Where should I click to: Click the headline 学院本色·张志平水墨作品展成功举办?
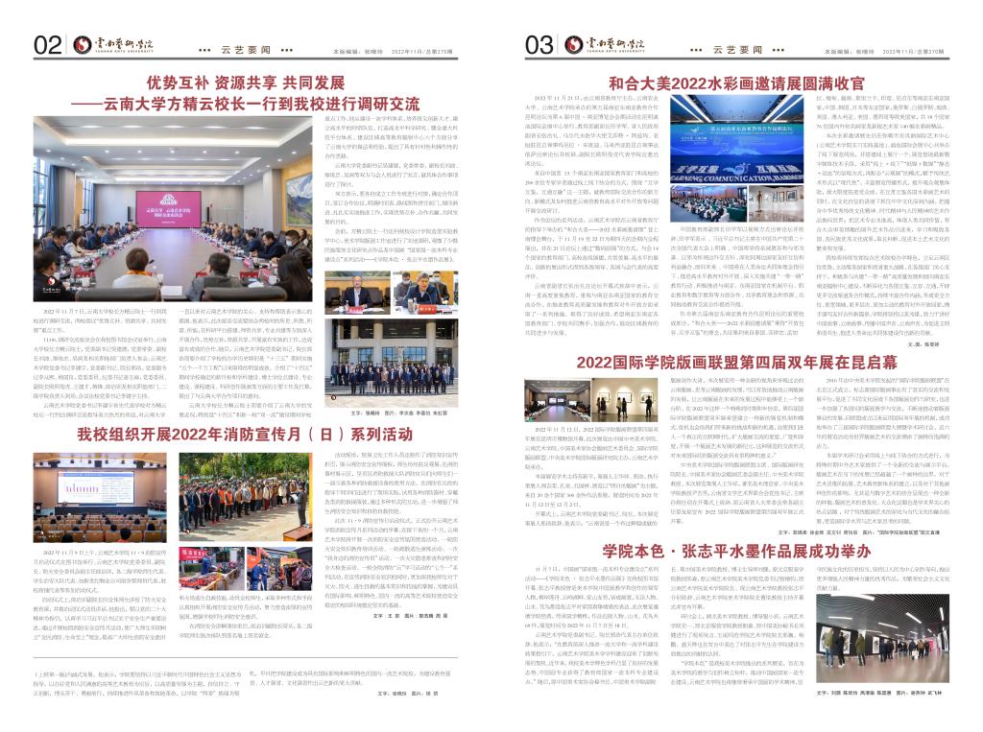coord(736,550)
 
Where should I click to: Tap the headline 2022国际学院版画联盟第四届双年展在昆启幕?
coord(737,361)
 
